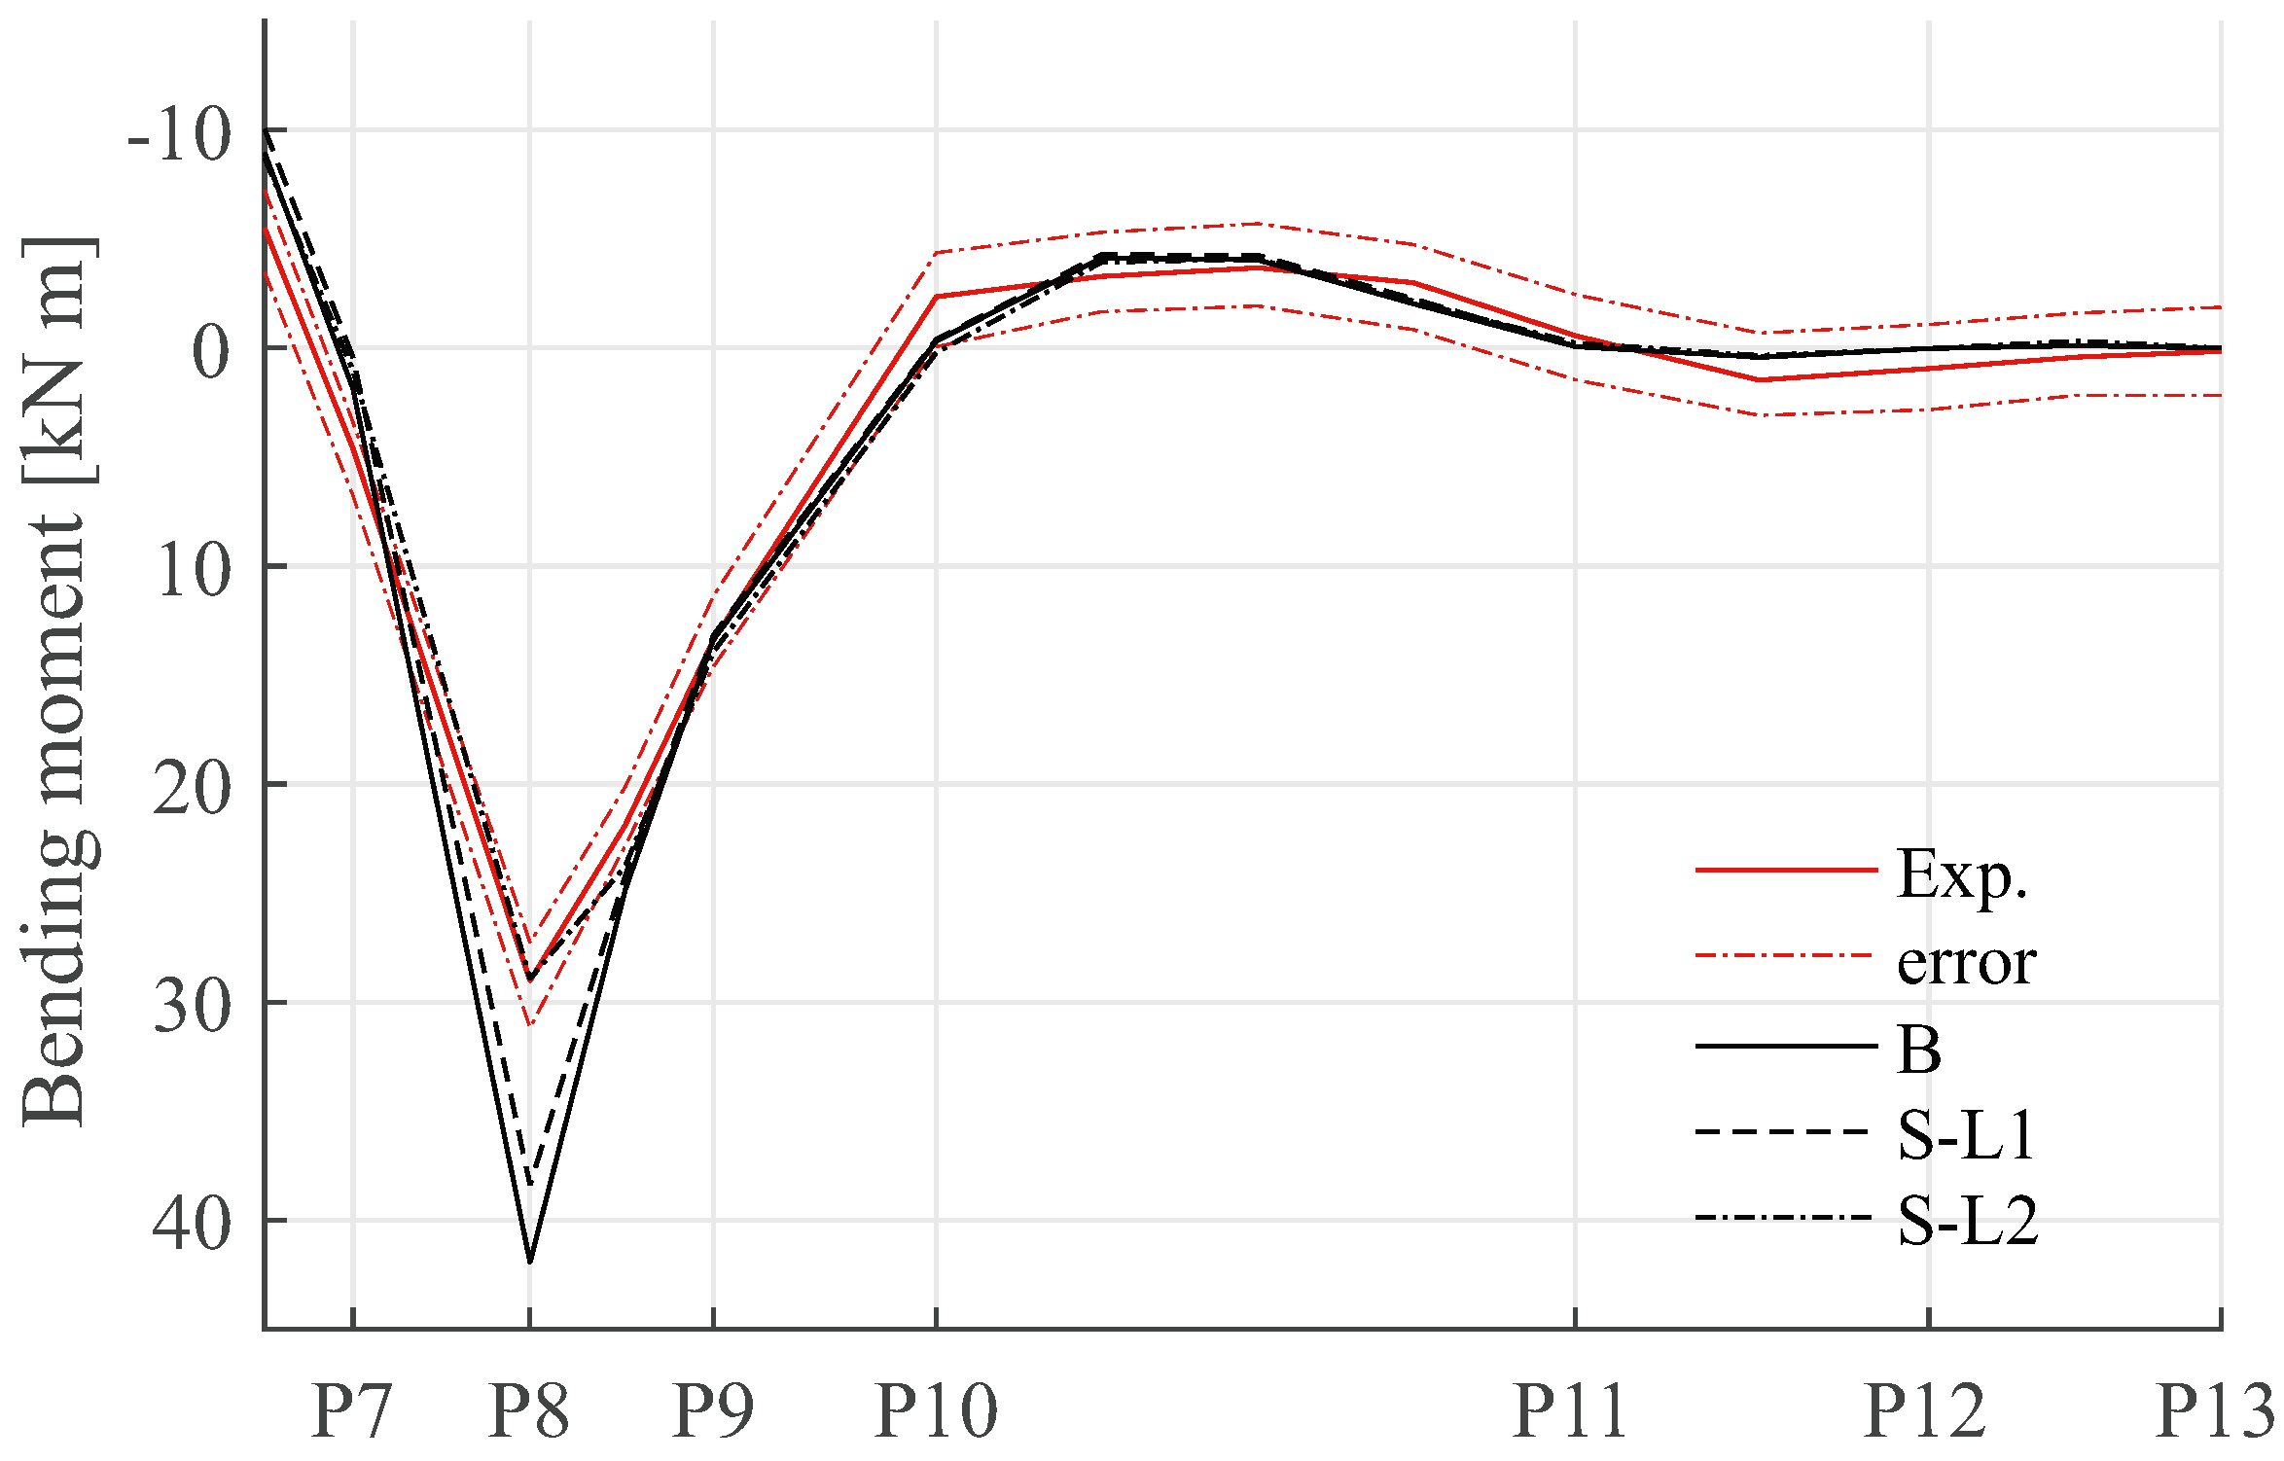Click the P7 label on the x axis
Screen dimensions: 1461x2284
pyautogui.click(x=351, y=1410)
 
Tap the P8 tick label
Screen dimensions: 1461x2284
pyautogui.click(x=528, y=1410)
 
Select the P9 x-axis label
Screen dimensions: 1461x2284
pyautogui.click(x=713, y=1410)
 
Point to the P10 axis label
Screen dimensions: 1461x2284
pyautogui.click(x=936, y=1410)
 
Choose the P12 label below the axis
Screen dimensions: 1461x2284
pyautogui.click(x=1925, y=1410)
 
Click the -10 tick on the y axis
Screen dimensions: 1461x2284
pyautogui.click(x=181, y=135)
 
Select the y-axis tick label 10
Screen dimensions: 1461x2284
pyautogui.click(x=195, y=571)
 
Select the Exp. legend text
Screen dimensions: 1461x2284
pyautogui.click(x=1961, y=874)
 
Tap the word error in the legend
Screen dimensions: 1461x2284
pyautogui.click(x=1966, y=963)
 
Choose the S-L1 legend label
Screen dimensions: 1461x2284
pyautogui.click(x=1966, y=1134)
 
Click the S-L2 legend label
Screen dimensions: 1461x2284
pyautogui.click(x=1967, y=1221)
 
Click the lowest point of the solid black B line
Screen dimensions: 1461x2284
pyautogui.click(x=529, y=1261)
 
